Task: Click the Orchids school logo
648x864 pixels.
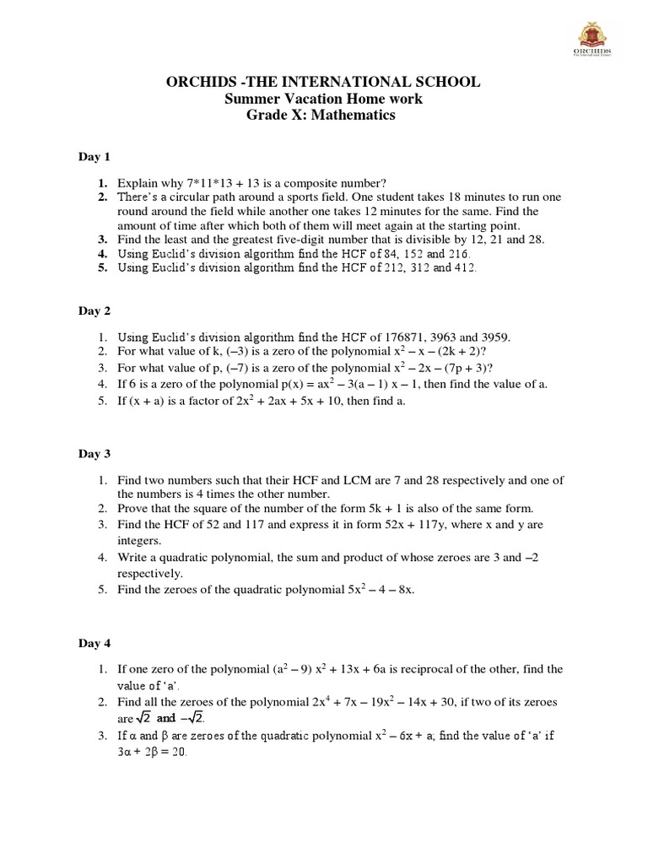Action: coord(593,39)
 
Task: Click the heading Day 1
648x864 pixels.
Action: coord(94,157)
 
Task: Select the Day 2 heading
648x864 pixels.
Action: coord(94,310)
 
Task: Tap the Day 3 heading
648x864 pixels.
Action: coord(94,454)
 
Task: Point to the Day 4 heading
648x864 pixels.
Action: coord(94,644)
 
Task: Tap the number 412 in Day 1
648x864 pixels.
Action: coord(465,267)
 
